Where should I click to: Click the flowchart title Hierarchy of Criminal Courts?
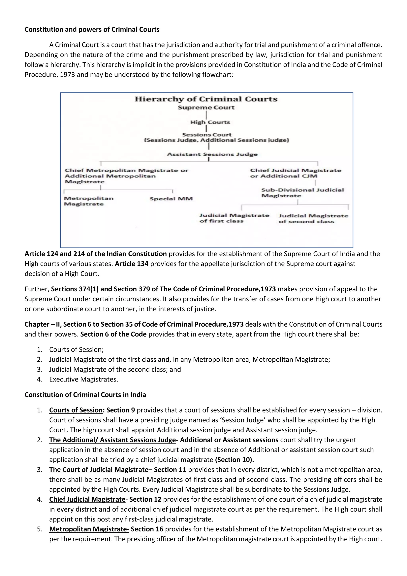click(x=206, y=99)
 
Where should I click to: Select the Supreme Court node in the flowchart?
click(x=206, y=108)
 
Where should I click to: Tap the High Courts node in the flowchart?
click(x=210, y=123)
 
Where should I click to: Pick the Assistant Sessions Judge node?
click(x=212, y=154)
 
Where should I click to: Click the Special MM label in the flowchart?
click(x=171, y=199)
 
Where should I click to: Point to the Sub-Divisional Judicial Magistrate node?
click(x=302, y=193)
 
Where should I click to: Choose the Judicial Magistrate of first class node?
click(x=234, y=218)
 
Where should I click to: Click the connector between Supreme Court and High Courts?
click(x=206, y=115)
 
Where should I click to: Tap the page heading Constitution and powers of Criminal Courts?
click(x=92, y=30)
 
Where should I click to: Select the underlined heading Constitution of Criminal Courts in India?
click(x=85, y=395)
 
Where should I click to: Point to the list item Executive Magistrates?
click(x=83, y=379)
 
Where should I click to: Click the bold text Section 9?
click(x=121, y=410)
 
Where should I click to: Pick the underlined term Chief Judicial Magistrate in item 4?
click(x=87, y=499)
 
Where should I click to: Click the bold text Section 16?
click(x=147, y=529)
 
